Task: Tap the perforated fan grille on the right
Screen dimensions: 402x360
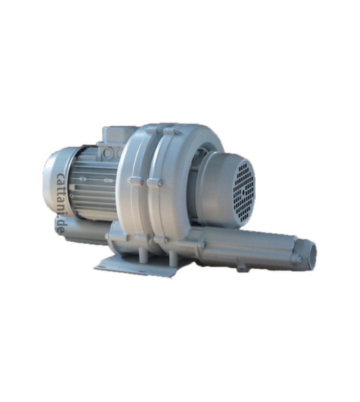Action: (244, 191)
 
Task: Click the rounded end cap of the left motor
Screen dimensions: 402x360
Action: (54, 184)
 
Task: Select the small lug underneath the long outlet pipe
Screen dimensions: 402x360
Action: (242, 268)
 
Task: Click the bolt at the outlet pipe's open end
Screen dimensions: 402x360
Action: (296, 260)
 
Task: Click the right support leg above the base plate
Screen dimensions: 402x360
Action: (174, 257)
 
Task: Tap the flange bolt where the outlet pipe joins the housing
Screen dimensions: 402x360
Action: (203, 245)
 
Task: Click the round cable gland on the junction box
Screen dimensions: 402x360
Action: (107, 153)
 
